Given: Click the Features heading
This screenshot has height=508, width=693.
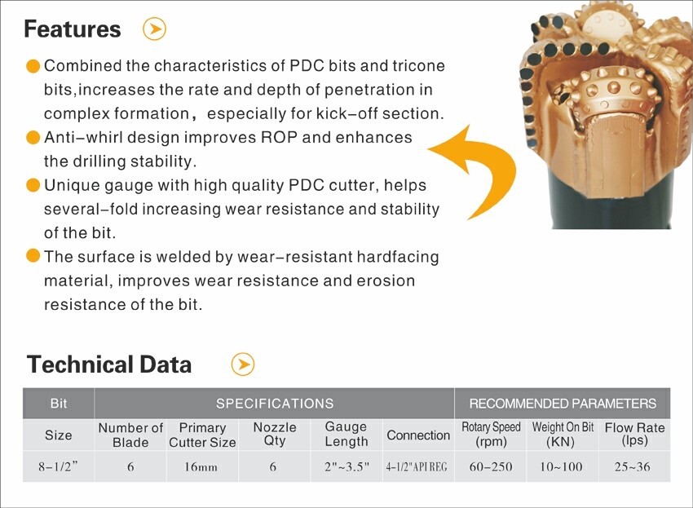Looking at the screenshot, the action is [x=72, y=29].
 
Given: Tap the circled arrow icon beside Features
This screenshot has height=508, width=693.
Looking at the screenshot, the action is [x=155, y=29].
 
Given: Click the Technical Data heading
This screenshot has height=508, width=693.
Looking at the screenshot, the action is [x=109, y=364].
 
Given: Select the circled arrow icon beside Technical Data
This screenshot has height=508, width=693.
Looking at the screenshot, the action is [x=243, y=364].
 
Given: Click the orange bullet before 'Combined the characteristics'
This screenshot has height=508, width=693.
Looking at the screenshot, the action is [x=33, y=66].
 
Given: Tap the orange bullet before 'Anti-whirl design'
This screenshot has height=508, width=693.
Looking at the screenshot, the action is [x=33, y=138].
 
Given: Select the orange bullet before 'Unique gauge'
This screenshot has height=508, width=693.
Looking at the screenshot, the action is [x=33, y=185].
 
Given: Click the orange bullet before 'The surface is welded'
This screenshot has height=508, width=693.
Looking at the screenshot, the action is [x=33, y=256].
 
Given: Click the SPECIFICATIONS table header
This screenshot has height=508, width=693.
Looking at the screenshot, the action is [x=275, y=404].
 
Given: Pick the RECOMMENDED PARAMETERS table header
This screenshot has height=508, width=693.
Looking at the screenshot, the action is [x=563, y=404].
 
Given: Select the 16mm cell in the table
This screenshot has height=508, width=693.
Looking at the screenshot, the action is [x=201, y=467].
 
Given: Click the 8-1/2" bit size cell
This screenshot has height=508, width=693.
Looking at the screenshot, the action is [x=58, y=467].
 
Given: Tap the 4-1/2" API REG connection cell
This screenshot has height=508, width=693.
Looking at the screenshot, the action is [x=417, y=467].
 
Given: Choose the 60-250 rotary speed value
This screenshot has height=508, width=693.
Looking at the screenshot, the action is [x=491, y=467].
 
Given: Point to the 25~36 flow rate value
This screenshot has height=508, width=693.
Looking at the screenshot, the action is [x=633, y=467].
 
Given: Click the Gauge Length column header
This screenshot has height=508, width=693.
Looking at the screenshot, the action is [x=346, y=434].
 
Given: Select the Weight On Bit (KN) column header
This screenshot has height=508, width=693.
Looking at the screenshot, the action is [x=563, y=435].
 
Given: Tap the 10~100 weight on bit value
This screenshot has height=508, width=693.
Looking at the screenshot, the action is [x=561, y=467].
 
